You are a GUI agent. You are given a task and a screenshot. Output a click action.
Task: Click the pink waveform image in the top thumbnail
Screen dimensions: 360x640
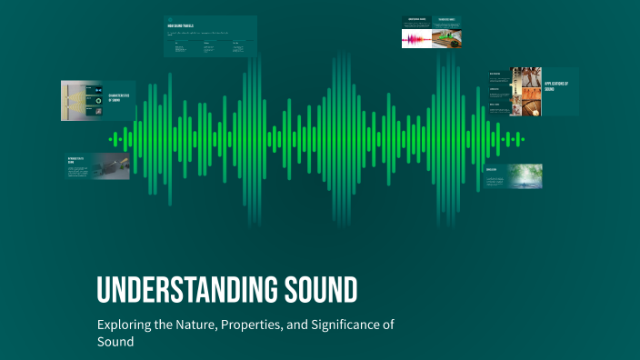click(417, 38)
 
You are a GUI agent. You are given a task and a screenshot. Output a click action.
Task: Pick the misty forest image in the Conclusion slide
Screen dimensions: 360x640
click(526, 175)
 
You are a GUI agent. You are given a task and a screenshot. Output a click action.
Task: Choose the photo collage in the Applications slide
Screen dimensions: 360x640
click(525, 91)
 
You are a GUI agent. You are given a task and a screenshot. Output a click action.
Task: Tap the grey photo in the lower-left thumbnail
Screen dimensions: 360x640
click(111, 165)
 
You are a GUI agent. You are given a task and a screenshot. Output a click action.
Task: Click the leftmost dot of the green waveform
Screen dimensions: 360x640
click(111, 139)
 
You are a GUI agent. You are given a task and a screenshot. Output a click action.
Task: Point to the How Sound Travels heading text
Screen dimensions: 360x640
click(182, 25)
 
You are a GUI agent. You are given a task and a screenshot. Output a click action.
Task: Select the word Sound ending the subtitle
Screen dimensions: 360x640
click(115, 342)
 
